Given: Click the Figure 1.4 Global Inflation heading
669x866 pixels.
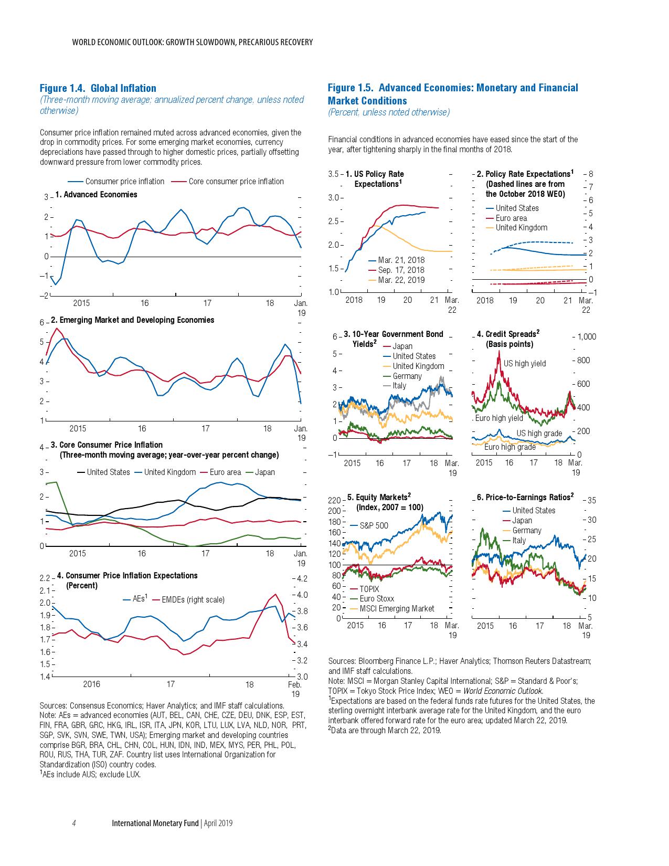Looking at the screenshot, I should point(98,88).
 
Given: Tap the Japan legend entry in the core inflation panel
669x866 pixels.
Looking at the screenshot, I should point(264,472).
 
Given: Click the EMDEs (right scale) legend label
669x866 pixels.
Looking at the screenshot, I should point(193,599).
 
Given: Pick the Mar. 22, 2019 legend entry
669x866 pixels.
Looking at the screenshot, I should point(401,280).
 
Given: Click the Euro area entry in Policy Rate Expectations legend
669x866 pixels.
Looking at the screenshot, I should point(511,218).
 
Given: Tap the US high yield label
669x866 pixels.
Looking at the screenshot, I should point(525,363).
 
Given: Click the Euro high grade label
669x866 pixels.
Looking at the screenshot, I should point(509,447).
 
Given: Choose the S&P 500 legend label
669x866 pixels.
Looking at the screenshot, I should point(374,525).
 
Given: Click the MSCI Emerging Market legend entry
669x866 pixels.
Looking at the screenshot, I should point(397,608).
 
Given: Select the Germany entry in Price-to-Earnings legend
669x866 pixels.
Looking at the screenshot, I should point(526,531).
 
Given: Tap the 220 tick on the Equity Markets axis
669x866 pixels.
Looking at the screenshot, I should point(334,500).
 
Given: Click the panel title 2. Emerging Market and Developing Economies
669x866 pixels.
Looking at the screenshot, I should point(132,320).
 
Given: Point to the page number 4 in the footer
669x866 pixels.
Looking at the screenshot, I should point(74,823).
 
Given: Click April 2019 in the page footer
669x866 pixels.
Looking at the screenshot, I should point(218,823).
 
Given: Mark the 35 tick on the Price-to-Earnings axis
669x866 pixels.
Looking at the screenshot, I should point(591,500).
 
